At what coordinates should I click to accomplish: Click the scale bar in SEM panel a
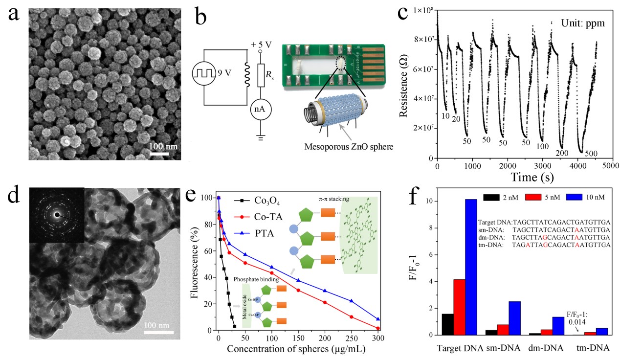tap(159, 154)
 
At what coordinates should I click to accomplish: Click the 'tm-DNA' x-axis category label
tap(593, 348)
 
